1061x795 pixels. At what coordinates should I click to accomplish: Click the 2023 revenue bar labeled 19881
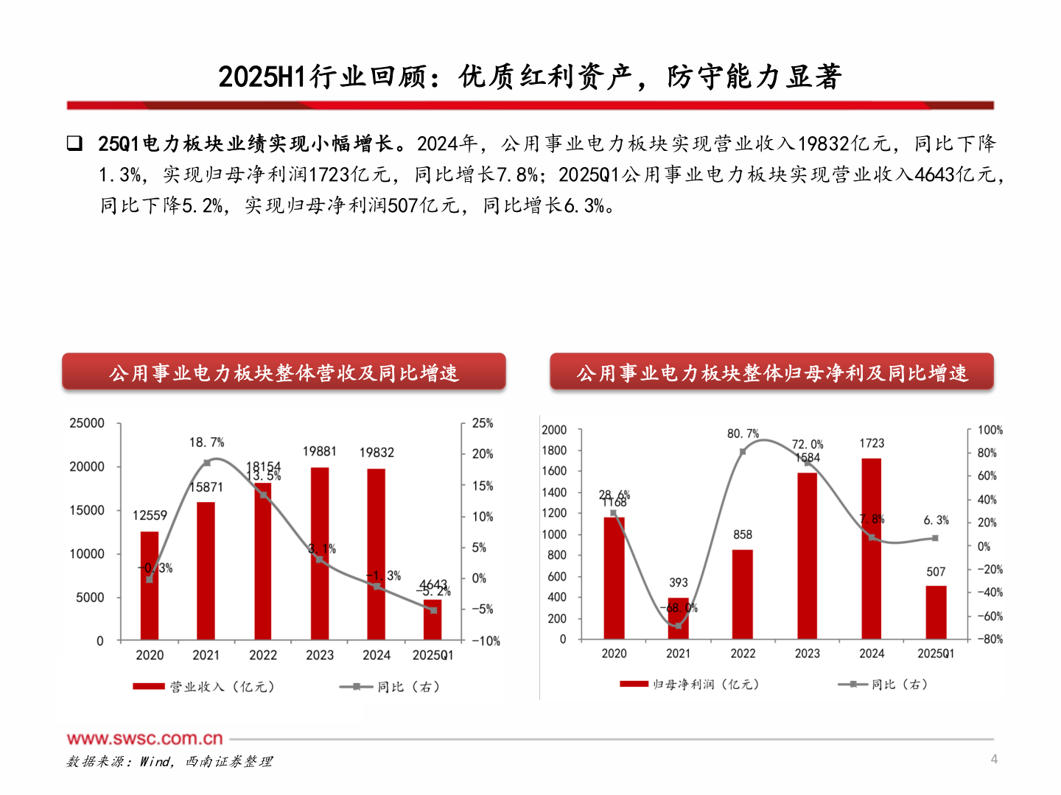coord(319,552)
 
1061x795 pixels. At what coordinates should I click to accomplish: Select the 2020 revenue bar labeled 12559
coord(150,585)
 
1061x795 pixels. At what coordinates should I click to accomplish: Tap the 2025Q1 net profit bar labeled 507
coord(936,612)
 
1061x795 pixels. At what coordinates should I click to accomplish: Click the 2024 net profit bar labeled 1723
coord(872,548)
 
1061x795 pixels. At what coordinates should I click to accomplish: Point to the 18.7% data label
coord(206,442)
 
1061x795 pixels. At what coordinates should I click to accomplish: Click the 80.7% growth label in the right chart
coord(743,434)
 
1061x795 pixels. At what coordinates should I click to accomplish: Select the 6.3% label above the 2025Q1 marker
coord(936,520)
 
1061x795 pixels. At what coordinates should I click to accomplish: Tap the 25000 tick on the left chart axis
coord(87,423)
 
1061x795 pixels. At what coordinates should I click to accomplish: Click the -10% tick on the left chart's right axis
coord(486,641)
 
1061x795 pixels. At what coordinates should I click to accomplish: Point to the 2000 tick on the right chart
coord(554,430)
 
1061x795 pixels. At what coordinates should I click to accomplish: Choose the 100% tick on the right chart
coord(990,430)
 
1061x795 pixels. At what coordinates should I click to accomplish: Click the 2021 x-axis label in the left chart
coord(206,655)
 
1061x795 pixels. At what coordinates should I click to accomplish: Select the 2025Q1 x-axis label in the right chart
coord(936,654)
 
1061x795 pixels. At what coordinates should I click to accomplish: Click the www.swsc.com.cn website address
coord(145,738)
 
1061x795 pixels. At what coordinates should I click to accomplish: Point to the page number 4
coord(994,759)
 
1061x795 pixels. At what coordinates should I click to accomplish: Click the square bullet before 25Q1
coord(74,144)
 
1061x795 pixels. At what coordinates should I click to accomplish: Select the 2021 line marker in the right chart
coord(678,626)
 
